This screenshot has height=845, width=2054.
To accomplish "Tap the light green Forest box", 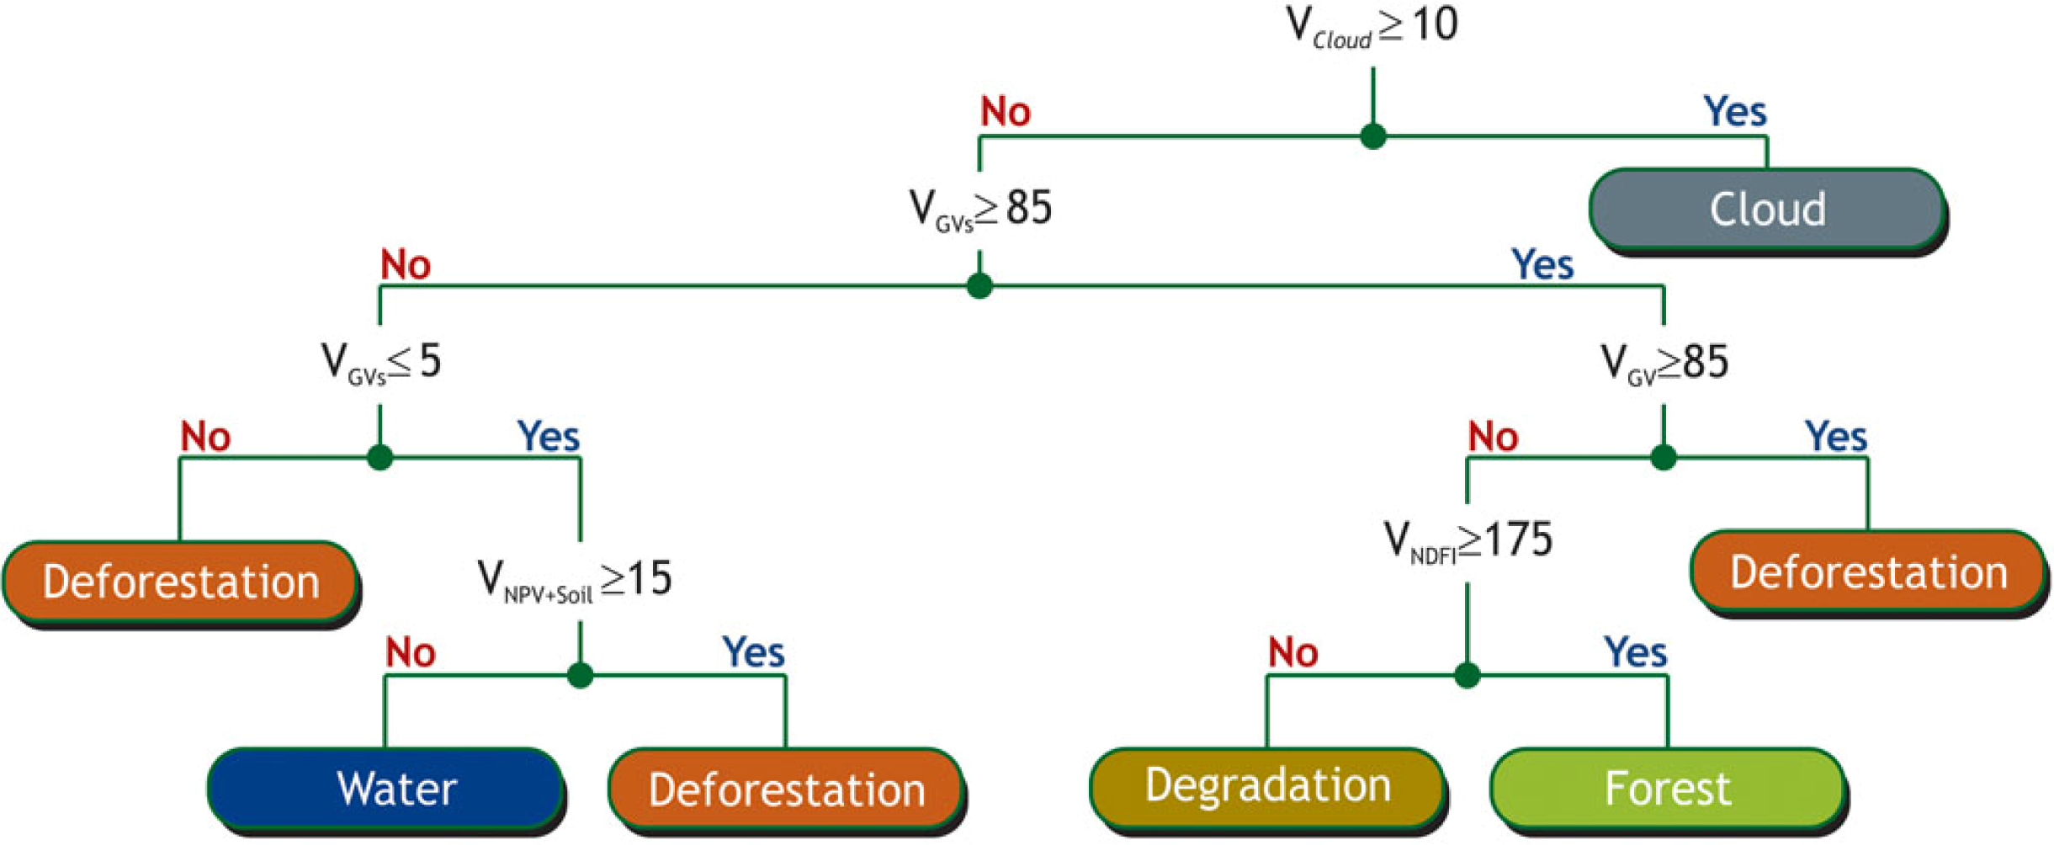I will pyautogui.click(x=1667, y=788).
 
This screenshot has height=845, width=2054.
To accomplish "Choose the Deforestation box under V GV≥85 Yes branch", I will pyautogui.click(x=1868, y=572).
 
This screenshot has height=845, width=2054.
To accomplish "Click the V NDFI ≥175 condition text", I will pyautogui.click(x=1468, y=540).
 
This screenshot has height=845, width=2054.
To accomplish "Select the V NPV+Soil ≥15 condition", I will pyautogui.click(x=575, y=580).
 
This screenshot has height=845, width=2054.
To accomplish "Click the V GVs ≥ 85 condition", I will pyautogui.click(x=980, y=208).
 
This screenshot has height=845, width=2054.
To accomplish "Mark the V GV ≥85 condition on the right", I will pyautogui.click(x=1664, y=363).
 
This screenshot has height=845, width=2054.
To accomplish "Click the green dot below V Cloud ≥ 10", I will pyautogui.click(x=1373, y=136).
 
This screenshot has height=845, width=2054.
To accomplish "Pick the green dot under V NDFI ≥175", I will pyautogui.click(x=1468, y=675).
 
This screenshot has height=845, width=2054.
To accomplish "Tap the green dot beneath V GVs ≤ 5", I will pyautogui.click(x=380, y=458).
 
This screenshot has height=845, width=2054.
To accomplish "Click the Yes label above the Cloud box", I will pyautogui.click(x=1735, y=111).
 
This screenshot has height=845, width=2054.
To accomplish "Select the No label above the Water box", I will pyautogui.click(x=410, y=652).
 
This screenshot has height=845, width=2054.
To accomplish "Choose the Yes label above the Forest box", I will pyautogui.click(x=1635, y=652).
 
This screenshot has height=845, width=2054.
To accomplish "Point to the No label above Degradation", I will pyautogui.click(x=1292, y=652).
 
